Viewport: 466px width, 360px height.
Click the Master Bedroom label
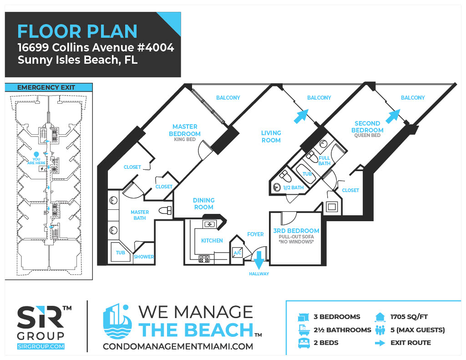(185, 130)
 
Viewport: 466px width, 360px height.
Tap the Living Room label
(271, 137)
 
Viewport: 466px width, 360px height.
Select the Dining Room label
(203, 203)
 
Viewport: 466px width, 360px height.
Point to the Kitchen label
(212, 240)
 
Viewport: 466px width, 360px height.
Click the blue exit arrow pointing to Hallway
(259, 260)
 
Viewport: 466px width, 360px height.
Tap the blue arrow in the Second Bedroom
(393, 116)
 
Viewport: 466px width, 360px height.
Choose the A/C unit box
(238, 253)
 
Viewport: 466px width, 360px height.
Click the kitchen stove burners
(204, 259)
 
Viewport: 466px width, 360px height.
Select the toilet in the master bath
(165, 210)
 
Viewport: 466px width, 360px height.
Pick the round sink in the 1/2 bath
(277, 188)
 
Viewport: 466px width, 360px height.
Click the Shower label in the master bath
(144, 257)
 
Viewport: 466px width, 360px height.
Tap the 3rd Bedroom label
(296, 231)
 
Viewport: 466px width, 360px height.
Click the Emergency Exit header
(46, 87)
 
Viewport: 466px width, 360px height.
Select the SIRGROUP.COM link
(41, 346)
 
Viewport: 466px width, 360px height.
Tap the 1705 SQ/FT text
(409, 317)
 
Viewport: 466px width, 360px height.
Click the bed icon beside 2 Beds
(304, 343)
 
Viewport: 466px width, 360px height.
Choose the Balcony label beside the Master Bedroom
(228, 97)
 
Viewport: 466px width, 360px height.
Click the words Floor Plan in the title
(77, 31)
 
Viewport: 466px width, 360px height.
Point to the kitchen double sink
(209, 224)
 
